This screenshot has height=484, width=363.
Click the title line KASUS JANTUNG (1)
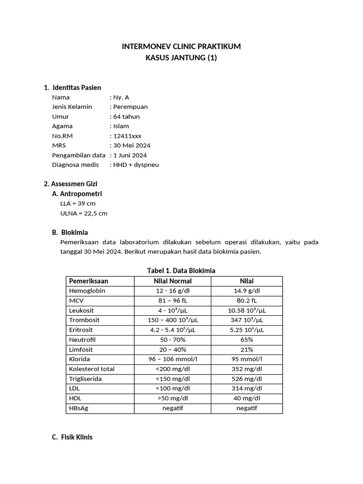pos(181,58)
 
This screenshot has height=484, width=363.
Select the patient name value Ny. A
pos(121,97)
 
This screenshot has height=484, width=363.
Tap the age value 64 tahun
pos(126,116)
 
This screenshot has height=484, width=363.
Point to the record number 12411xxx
pos(127,136)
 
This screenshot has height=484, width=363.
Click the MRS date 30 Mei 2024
pos(131,146)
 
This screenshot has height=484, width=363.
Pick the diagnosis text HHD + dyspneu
pos(136,164)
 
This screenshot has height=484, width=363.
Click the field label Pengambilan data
pos(78,155)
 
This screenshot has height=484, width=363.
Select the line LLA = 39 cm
pos(78,203)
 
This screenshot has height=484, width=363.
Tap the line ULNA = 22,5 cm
pos(84,213)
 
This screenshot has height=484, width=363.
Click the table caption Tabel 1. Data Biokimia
pos(181,271)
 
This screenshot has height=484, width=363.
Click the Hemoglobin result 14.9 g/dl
pos(247,291)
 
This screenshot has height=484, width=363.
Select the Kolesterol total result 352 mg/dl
pos(247,369)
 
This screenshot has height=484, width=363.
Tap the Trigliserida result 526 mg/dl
pos(247,379)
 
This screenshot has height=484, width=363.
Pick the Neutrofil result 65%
pos(247,340)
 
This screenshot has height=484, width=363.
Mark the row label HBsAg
pos(78,408)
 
